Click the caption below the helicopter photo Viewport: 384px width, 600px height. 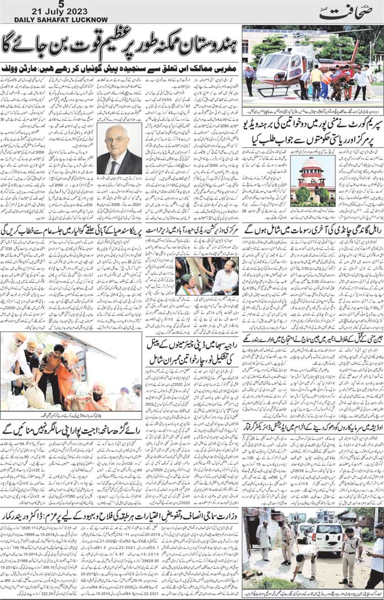click(312, 106)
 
